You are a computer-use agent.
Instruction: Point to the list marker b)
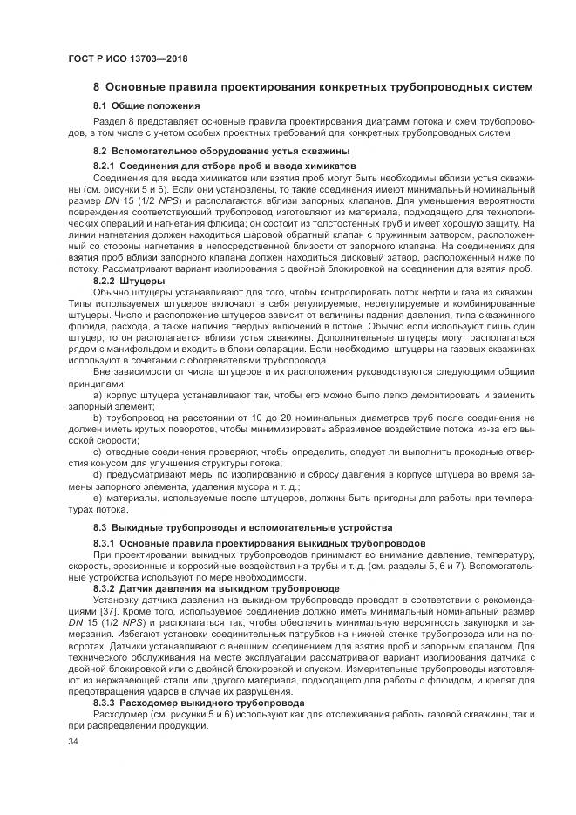coord(98,418)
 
